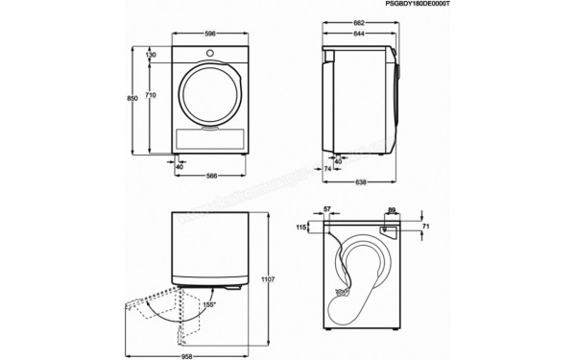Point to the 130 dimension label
pyautogui.click(x=151, y=56)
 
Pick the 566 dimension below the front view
pyautogui.click(x=214, y=175)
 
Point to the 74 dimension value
pyautogui.click(x=327, y=168)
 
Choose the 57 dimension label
pyautogui.click(x=326, y=208)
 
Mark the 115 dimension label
pyautogui.click(x=300, y=227)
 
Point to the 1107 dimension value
pyautogui.click(x=269, y=279)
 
